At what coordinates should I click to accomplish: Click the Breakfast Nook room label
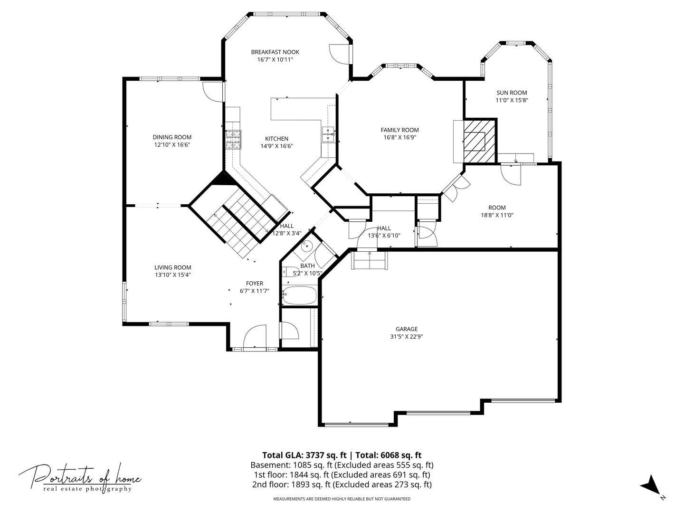(275, 52)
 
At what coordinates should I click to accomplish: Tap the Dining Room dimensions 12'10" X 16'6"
(172, 145)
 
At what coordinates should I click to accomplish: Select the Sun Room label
(512, 93)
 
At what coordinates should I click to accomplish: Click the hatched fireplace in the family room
(475, 141)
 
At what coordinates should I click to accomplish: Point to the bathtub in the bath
(299, 295)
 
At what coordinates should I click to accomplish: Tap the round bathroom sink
(307, 246)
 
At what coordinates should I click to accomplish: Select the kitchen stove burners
(233, 140)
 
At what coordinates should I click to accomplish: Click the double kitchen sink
(328, 134)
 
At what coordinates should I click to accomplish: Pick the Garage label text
(407, 329)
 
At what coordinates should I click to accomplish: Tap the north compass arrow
(650, 485)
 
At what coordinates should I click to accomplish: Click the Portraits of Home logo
(80, 477)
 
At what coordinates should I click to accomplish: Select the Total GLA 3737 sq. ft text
(304, 455)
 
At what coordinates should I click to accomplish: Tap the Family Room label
(399, 130)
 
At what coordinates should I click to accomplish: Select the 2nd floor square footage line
(342, 484)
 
